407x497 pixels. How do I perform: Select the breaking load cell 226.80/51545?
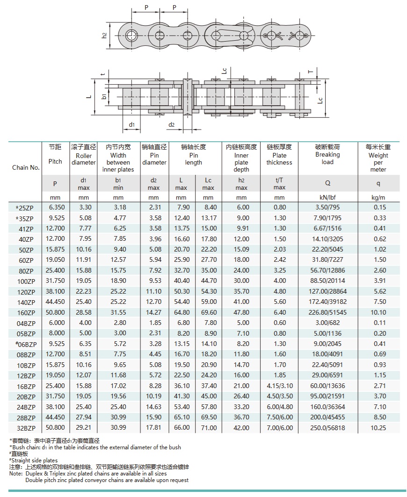(327, 312)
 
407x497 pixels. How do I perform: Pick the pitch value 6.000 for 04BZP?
(55, 323)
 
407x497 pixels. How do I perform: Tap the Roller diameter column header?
(83, 155)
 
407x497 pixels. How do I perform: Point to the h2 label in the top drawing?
(104, 35)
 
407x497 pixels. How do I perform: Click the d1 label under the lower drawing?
(132, 124)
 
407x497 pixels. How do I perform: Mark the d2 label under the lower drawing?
(172, 124)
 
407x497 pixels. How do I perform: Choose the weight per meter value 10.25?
(378, 428)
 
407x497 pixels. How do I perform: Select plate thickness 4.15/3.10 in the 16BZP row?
(279, 386)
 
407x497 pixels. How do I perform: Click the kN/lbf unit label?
(327, 198)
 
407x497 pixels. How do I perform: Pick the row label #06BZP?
(26, 344)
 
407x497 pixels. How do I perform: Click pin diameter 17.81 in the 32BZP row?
(154, 428)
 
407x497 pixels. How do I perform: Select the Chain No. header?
(26, 167)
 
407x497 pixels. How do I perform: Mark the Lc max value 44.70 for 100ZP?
(208, 281)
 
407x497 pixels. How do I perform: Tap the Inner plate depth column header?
(241, 158)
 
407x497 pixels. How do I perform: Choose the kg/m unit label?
(378, 198)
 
